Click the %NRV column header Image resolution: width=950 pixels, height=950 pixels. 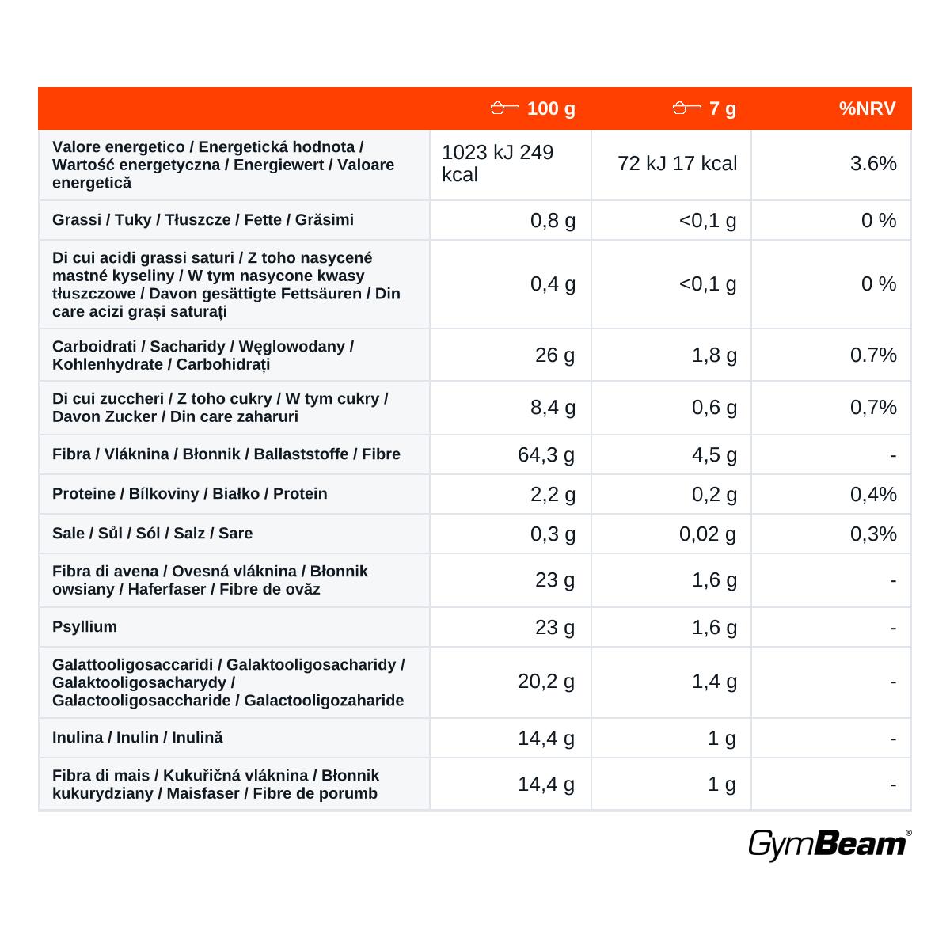[867, 108]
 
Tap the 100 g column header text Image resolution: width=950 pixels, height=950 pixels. [551, 109]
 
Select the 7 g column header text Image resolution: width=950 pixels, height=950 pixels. [723, 109]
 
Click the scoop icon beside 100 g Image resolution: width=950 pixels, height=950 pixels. [505, 108]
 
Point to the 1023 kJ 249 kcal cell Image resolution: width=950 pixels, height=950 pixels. [497, 163]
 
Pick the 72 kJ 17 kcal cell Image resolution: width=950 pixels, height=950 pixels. [678, 164]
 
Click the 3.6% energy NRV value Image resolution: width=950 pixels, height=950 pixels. [873, 164]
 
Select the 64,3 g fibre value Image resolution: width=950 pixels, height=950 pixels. [546, 454]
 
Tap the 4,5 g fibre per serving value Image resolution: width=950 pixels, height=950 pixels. [714, 454]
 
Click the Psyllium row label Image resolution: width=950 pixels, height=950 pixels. [85, 626]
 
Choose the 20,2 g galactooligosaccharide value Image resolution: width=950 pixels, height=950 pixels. [546, 682]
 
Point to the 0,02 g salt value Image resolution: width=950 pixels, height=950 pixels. [708, 534]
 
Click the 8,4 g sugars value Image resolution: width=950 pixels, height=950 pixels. [553, 408]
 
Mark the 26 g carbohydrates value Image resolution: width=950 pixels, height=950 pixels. [555, 355]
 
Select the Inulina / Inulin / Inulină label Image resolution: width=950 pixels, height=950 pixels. [138, 738]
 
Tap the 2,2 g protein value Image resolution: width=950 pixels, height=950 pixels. [553, 495]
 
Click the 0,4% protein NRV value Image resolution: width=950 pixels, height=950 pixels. [873, 495]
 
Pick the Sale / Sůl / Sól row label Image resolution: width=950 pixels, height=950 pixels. [152, 533]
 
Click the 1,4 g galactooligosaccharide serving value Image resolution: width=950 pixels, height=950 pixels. [714, 682]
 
